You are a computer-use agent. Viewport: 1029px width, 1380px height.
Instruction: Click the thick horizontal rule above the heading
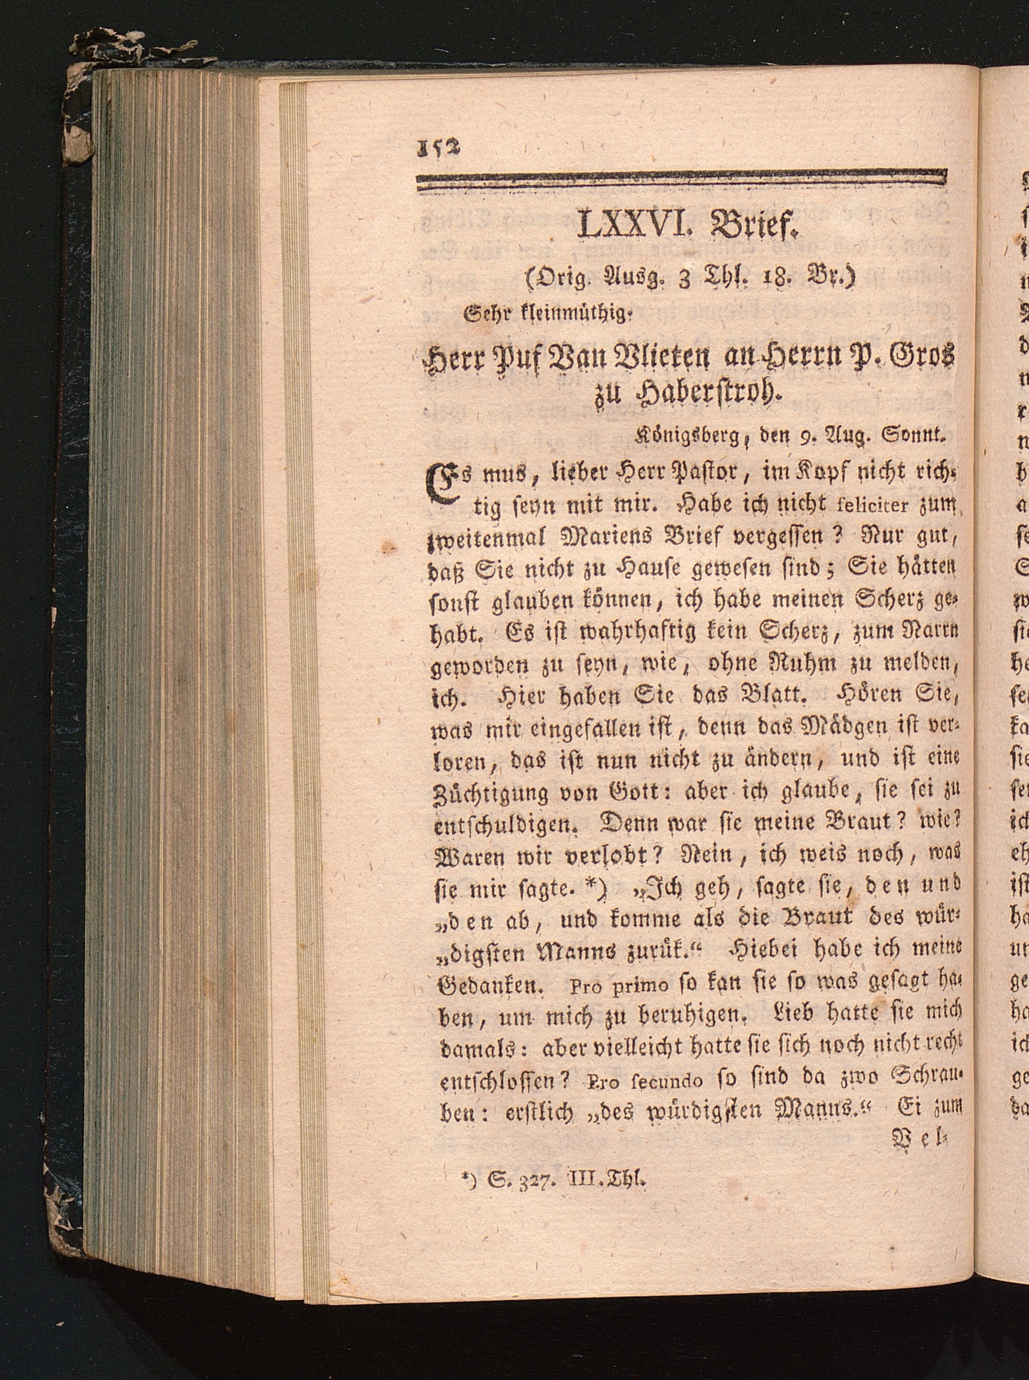682,179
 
